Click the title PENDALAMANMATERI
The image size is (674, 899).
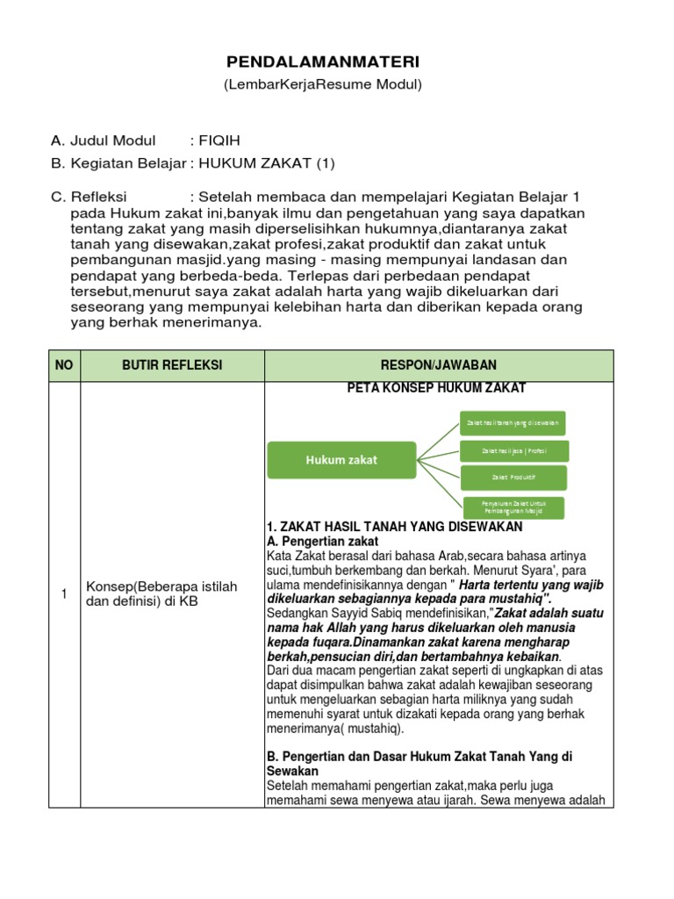click(x=324, y=61)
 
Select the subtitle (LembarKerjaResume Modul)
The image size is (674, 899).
click(x=324, y=84)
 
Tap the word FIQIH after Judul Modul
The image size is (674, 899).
click(x=220, y=140)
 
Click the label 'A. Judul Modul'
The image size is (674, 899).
click(x=104, y=140)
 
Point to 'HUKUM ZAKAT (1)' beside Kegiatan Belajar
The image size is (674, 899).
click(x=267, y=163)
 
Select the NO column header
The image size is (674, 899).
click(x=64, y=365)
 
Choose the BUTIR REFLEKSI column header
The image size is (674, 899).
click(x=172, y=365)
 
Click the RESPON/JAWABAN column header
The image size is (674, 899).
click(x=438, y=365)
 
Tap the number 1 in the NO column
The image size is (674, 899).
click(x=64, y=594)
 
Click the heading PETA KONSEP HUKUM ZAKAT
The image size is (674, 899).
click(x=437, y=388)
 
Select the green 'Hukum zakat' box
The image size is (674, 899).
click(x=341, y=460)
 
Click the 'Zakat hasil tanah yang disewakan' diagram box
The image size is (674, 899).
click(x=513, y=423)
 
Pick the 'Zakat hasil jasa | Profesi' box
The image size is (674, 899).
click(x=514, y=451)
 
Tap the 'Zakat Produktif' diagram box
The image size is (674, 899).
click(x=513, y=478)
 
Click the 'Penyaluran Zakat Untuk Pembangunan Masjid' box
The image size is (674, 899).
click(x=513, y=507)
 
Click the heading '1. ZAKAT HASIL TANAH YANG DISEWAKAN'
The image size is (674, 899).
click(x=394, y=527)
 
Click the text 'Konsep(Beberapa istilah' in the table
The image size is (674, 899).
click(x=161, y=586)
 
